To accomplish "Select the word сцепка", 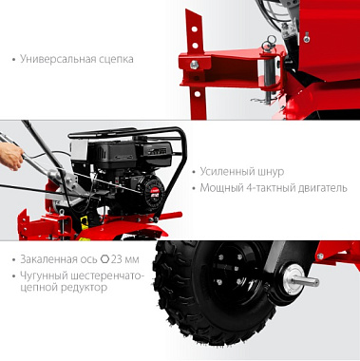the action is pyautogui.click(x=116, y=60).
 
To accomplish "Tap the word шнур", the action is pyautogui.click(x=269, y=172).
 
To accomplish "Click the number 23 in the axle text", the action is pyautogui.click(x=116, y=259).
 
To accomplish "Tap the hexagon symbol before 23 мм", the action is pyautogui.click(x=104, y=259).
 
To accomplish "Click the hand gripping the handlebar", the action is pyautogui.click(x=11, y=156).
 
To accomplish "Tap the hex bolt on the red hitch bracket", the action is pyautogui.click(x=194, y=66).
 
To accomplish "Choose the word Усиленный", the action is pyautogui.click(x=225, y=172).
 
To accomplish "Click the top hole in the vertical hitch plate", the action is pyautogui.click(x=194, y=29).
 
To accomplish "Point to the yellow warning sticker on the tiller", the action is pyautogui.click(x=85, y=223).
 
